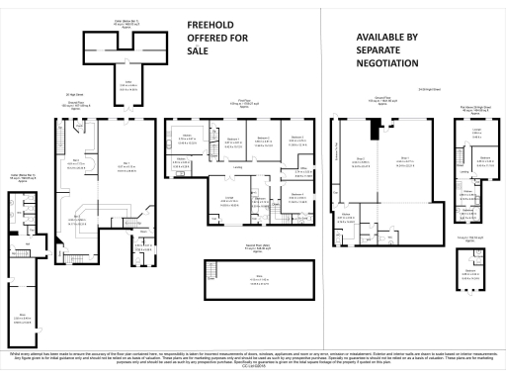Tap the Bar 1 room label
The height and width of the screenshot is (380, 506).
tap(126, 165)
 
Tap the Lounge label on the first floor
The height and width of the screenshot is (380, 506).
tap(226, 198)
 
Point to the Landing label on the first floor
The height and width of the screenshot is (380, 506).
tap(237, 167)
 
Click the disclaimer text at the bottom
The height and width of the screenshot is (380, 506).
tap(253, 357)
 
